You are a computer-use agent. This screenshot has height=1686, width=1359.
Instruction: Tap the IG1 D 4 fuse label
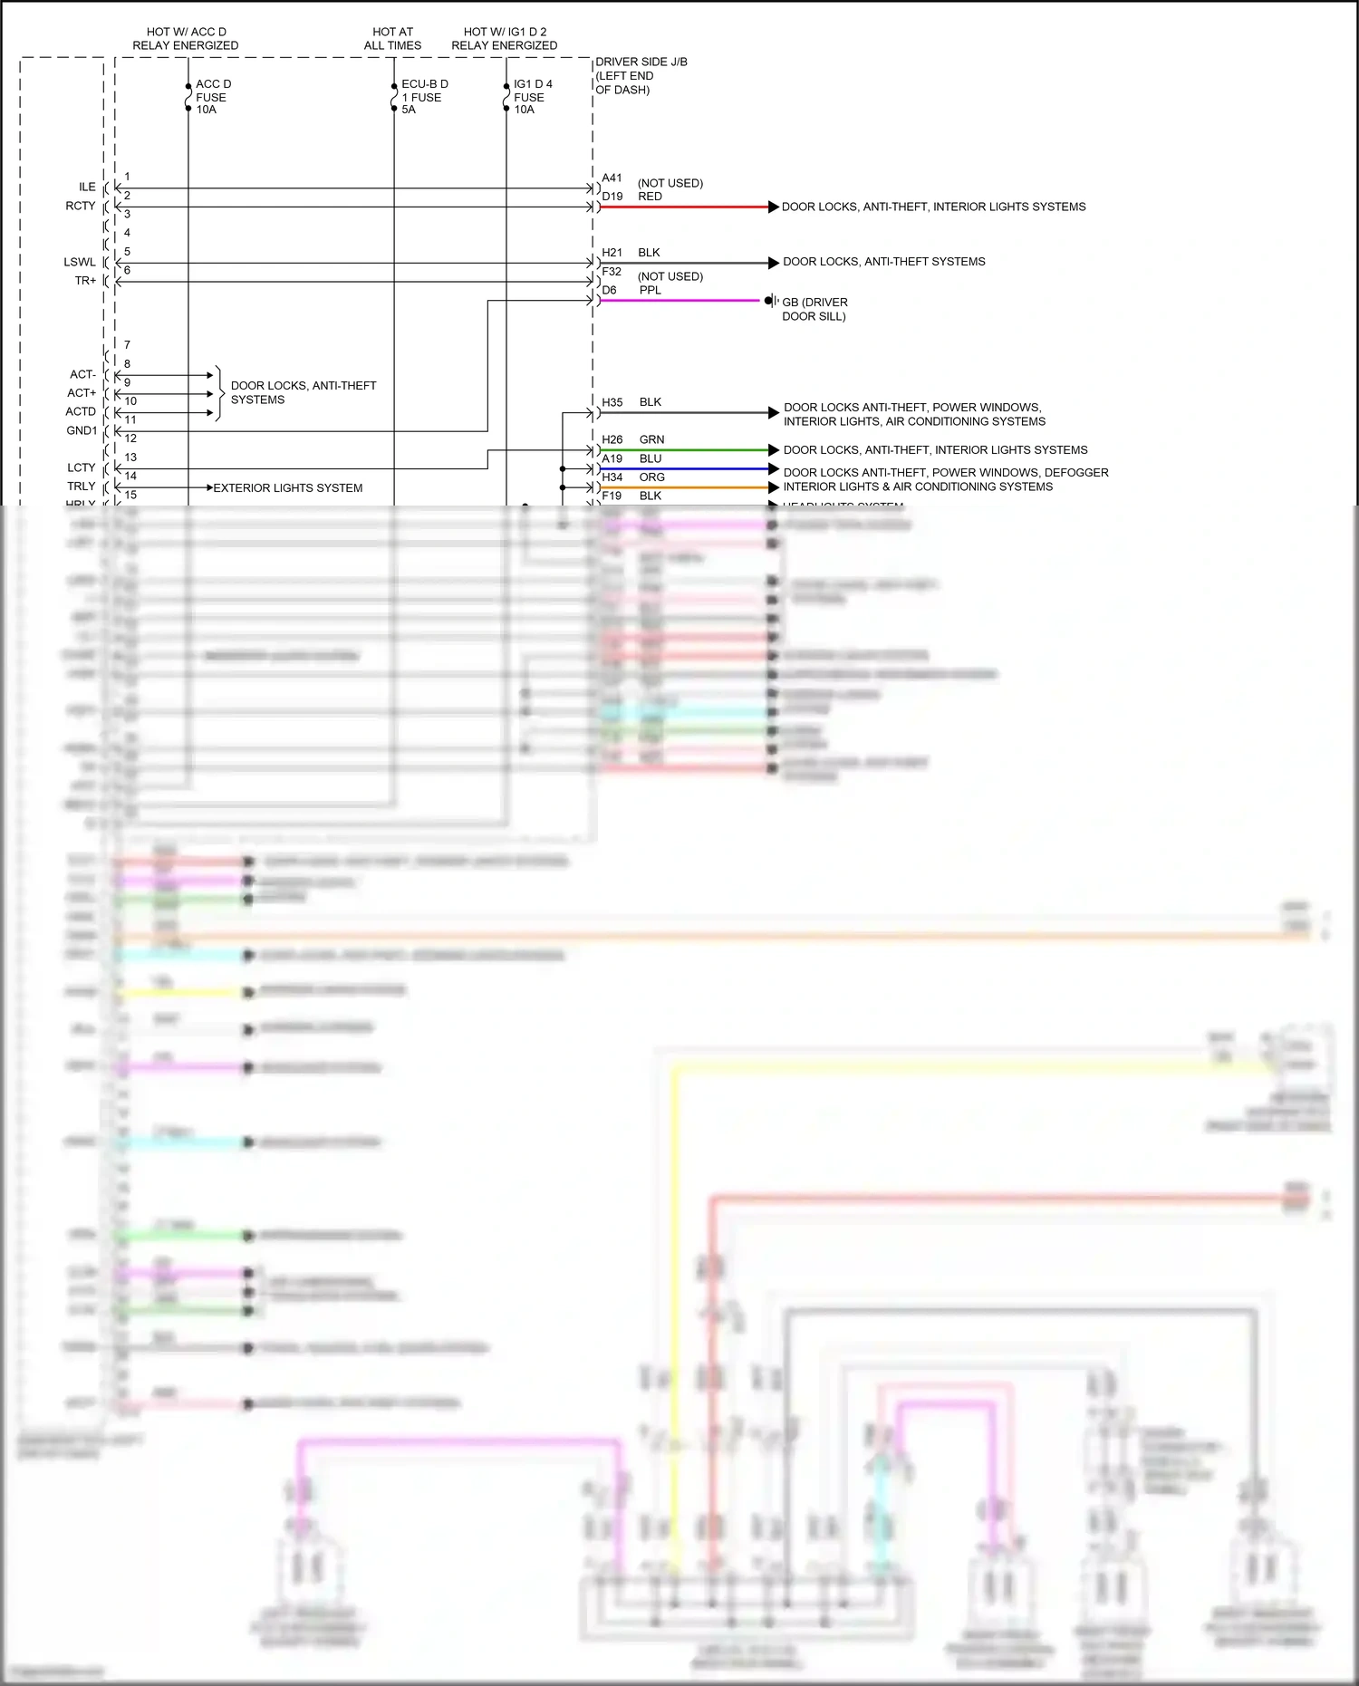coord(532,97)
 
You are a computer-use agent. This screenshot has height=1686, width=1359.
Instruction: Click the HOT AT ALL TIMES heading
coord(392,38)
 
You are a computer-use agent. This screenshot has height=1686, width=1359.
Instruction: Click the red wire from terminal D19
coord(684,207)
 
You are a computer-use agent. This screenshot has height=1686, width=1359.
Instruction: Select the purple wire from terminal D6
coord(679,301)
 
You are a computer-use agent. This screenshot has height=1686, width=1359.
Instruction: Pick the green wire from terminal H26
coord(684,450)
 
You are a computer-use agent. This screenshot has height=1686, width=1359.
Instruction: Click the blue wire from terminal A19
coord(684,469)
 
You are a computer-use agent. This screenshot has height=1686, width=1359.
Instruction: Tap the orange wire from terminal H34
coord(684,487)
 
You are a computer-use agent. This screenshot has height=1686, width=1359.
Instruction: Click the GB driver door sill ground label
coord(814,309)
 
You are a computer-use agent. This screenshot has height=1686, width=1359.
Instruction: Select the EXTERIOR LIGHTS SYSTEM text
coord(287,488)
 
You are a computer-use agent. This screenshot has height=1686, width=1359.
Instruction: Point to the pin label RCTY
coord(81,206)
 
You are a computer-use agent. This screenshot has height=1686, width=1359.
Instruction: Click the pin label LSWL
coord(80,262)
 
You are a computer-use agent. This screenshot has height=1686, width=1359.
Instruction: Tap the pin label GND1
coord(82,430)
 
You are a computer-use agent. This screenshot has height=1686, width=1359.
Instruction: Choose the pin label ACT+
coord(82,393)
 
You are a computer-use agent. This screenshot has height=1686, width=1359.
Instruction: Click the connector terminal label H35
coord(612,402)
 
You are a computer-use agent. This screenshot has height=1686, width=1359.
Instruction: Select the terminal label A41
coord(612,178)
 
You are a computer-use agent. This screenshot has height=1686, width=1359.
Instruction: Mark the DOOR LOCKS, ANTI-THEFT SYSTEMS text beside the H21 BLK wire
coord(883,262)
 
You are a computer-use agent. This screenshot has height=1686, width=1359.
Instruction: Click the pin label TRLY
coord(82,487)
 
